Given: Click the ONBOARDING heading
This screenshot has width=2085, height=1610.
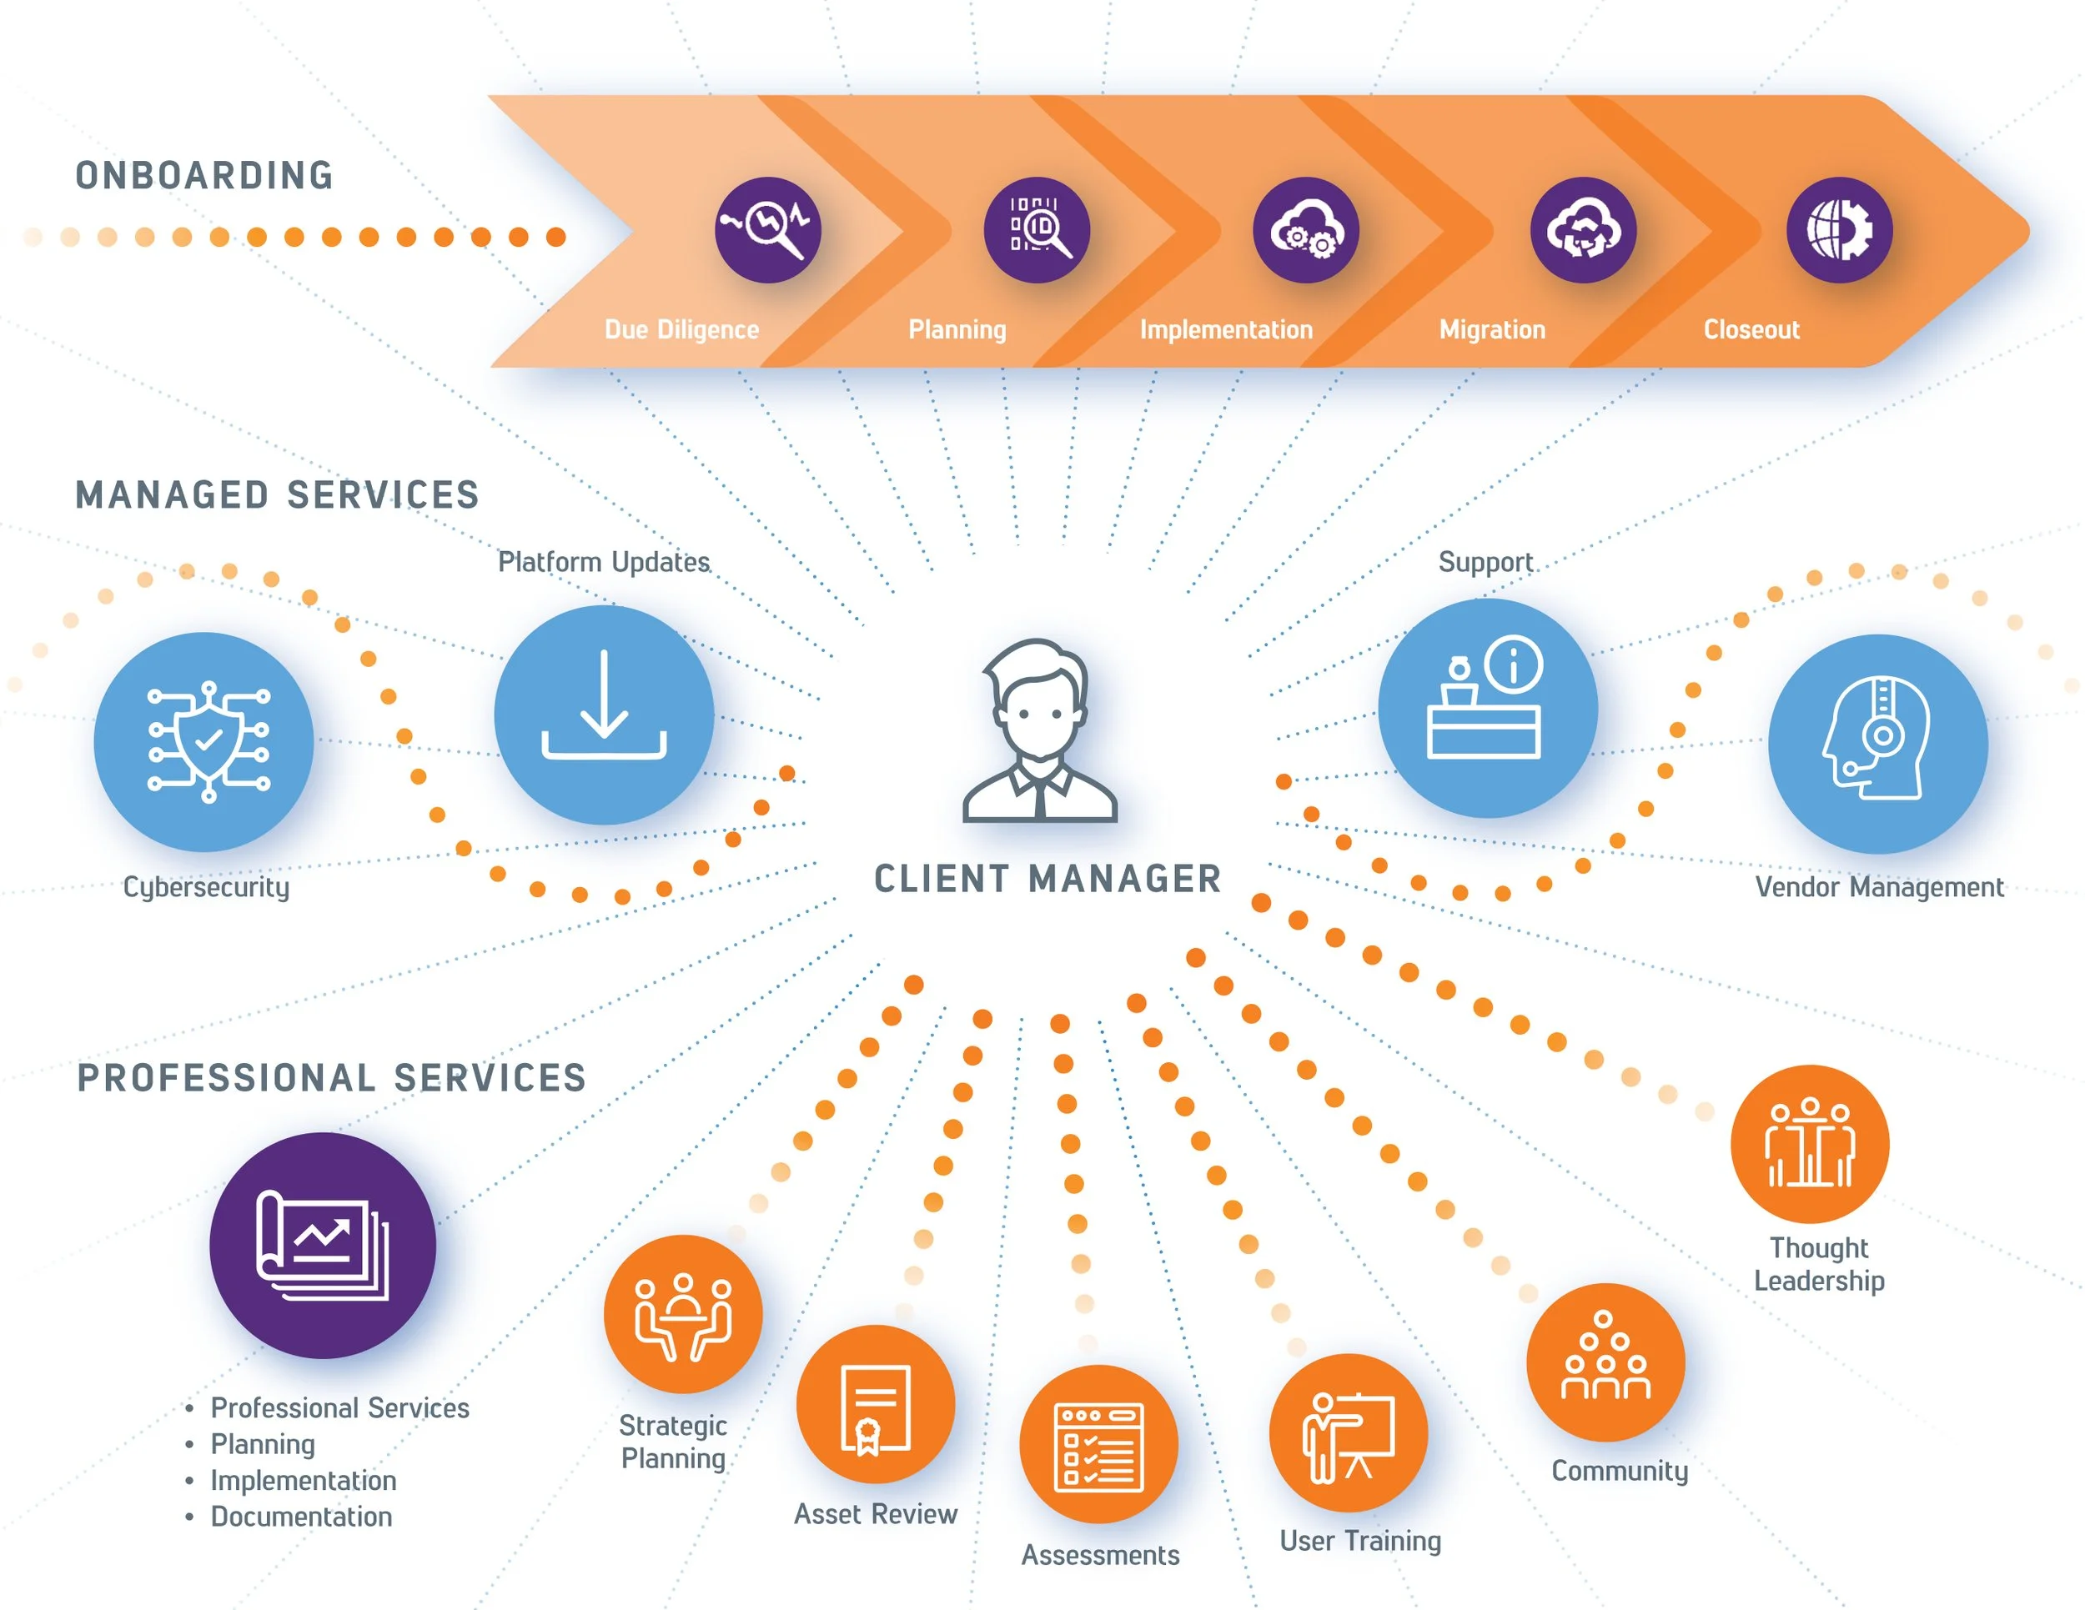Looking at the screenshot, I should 204,176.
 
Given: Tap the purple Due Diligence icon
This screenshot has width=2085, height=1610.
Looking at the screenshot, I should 767,230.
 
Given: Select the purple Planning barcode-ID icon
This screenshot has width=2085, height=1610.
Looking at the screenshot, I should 1037,230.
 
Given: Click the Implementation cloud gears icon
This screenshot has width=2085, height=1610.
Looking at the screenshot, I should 1306,230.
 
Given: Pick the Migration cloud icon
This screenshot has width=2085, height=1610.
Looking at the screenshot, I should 1583,230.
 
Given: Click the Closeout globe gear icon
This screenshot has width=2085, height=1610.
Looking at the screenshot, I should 1840,230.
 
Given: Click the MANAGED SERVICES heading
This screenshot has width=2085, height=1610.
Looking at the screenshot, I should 277,495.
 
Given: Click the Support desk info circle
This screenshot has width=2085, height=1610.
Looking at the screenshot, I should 1486,708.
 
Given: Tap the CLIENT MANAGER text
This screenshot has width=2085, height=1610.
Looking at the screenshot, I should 1048,879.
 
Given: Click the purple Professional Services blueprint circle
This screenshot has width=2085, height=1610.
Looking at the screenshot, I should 323,1246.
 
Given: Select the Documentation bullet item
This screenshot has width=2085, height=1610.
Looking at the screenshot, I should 301,1517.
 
